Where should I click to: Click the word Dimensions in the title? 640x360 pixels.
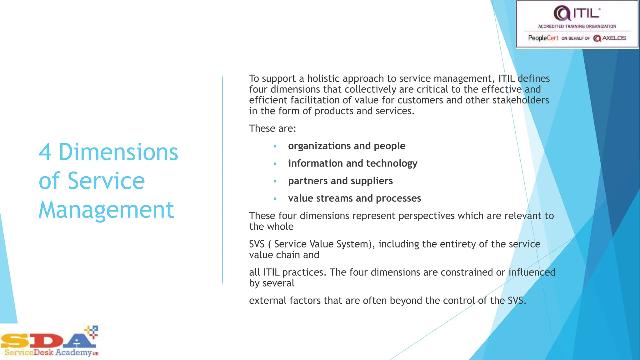(118, 152)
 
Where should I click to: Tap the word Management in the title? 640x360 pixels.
(106, 210)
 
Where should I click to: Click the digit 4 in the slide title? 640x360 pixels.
(45, 152)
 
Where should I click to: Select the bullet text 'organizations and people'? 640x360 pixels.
(347, 146)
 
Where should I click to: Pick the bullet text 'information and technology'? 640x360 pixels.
(352, 163)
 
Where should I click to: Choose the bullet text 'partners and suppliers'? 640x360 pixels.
(340, 181)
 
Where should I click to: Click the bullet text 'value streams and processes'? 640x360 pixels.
(354, 198)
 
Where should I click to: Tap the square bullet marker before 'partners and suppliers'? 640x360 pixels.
(275, 181)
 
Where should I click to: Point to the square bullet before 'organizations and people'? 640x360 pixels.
(275, 146)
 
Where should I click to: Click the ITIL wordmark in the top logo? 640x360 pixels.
(586, 13)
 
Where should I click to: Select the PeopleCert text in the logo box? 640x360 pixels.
(543, 38)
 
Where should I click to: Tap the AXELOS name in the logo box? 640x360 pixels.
(614, 38)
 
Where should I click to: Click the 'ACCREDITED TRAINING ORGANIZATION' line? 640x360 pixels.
(577, 27)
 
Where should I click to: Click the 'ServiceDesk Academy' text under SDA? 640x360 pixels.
(48, 353)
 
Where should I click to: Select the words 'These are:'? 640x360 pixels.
(272, 128)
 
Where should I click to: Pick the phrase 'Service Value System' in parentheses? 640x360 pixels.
(322, 244)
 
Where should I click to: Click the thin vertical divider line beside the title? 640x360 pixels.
(223, 180)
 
